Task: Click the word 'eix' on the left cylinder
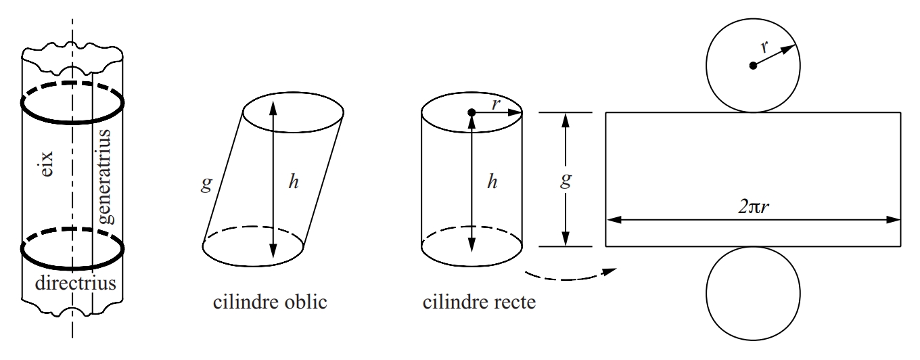47,164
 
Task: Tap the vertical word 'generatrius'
105,177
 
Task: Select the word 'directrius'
76,283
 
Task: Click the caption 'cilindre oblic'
270,302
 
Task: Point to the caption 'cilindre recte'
479,302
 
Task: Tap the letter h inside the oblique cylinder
294,181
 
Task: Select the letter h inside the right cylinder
492,181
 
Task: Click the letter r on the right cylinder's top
496,104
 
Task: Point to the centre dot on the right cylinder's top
471,112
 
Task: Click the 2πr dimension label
754,206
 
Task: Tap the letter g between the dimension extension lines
566,179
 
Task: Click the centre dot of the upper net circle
753,66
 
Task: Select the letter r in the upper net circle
764,47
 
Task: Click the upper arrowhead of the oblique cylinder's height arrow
273,108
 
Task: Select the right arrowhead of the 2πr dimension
893,220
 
